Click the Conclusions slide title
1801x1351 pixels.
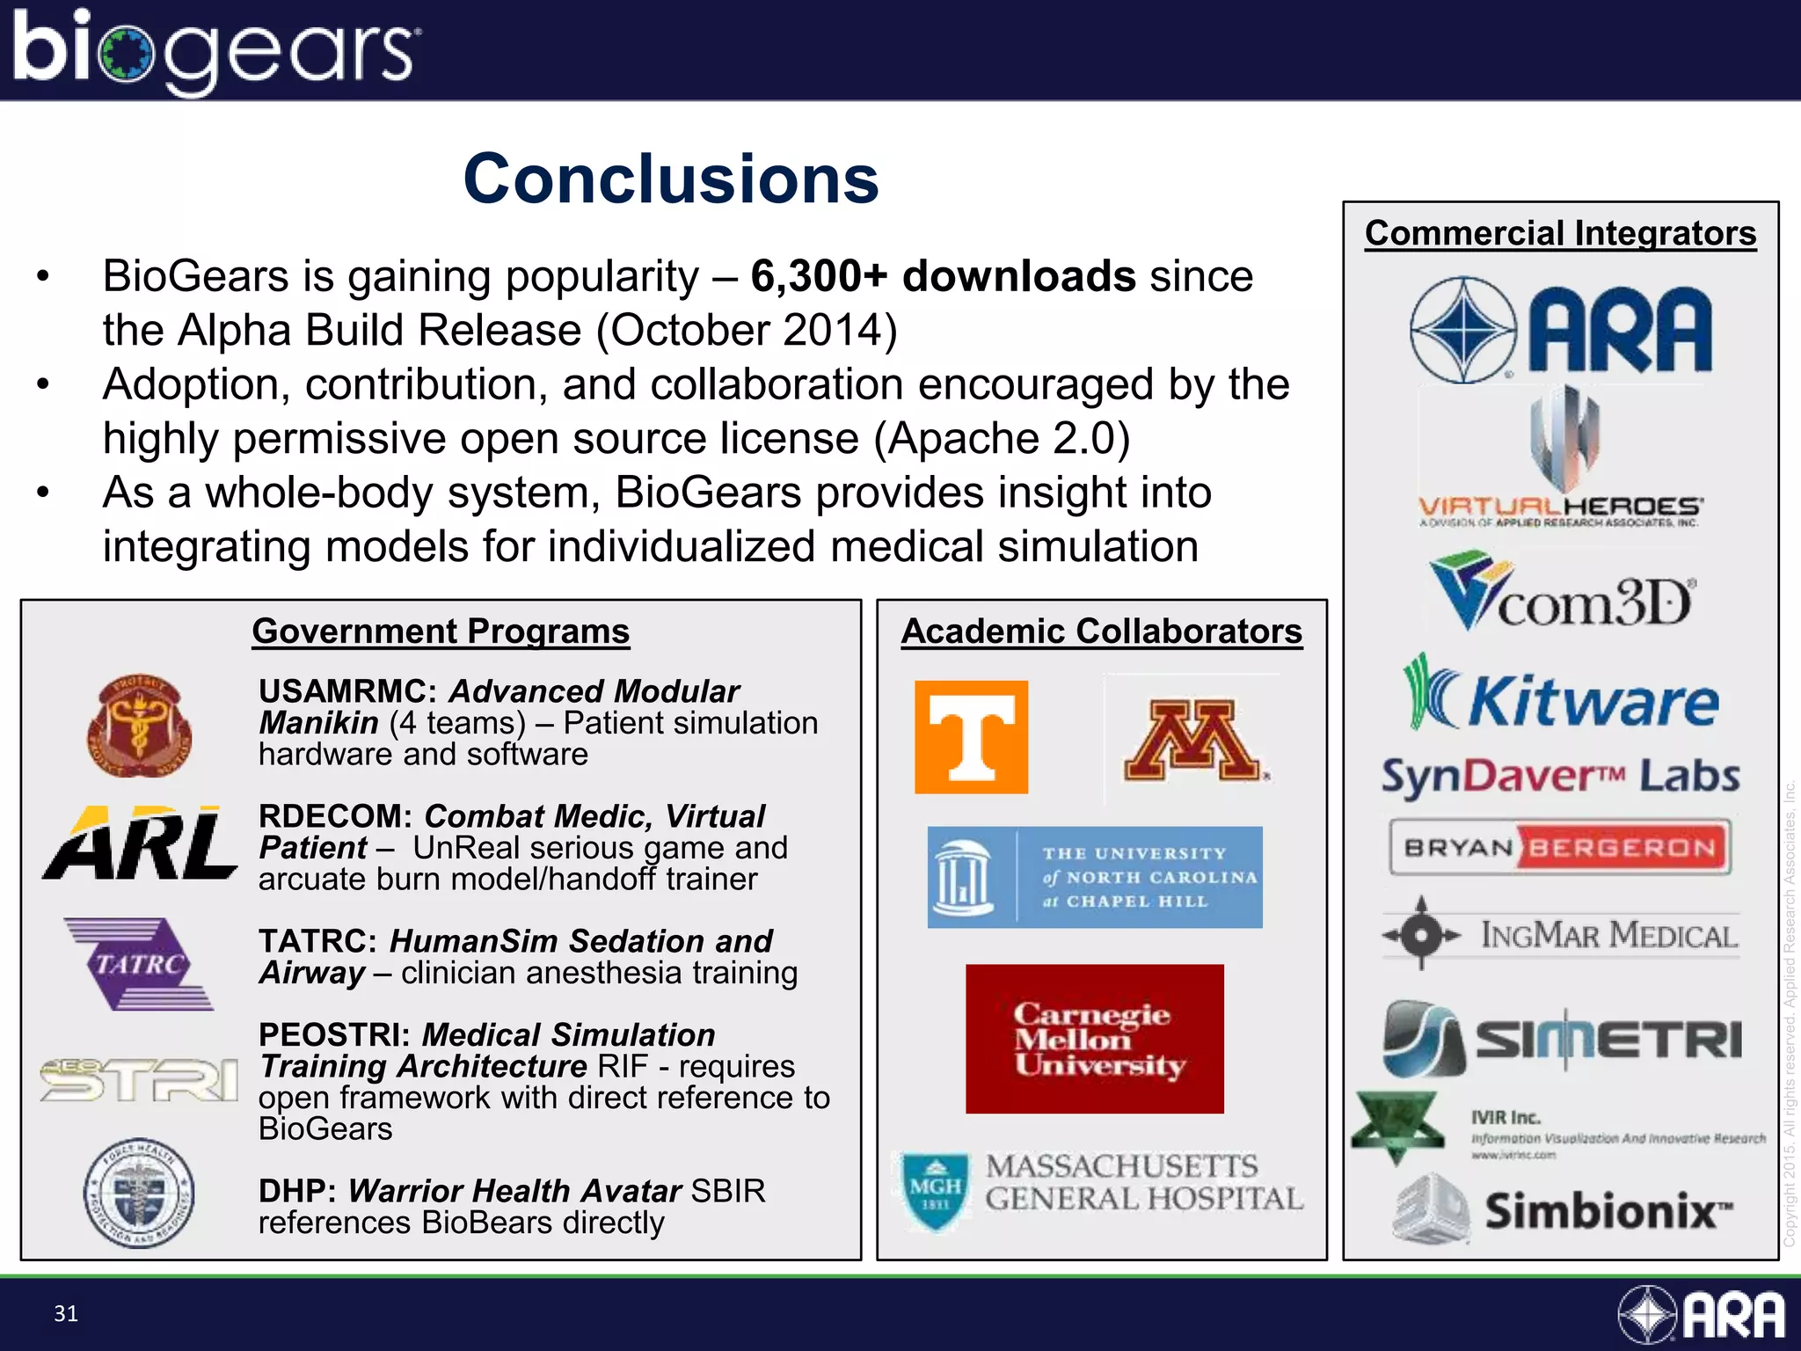(671, 179)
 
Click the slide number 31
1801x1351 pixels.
(66, 1313)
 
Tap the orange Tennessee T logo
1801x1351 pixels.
(971, 737)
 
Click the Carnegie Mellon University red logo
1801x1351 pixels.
(1094, 1039)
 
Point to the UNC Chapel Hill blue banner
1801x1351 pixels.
(1095, 877)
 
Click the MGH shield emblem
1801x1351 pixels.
(936, 1191)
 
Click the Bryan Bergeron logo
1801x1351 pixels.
(1560, 847)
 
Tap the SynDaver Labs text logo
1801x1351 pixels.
(1560, 777)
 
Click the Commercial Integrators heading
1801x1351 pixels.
(1560, 234)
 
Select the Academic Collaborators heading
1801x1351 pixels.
(1101, 632)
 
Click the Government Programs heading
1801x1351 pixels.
(441, 632)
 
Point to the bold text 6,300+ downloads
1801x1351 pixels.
(943, 276)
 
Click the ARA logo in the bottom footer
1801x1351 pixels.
(1701, 1315)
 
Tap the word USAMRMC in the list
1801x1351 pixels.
(347, 692)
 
